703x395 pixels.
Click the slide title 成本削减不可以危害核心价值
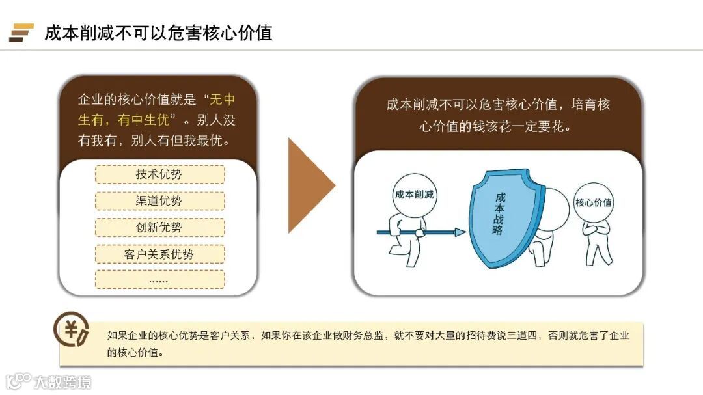pos(158,33)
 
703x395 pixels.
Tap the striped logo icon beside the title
pos(21,33)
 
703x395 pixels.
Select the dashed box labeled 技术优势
pos(159,174)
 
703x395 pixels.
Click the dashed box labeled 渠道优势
pos(159,201)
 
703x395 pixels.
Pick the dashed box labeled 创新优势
pos(159,228)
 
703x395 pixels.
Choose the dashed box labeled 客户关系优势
pos(159,254)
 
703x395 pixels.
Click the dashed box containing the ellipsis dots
pos(159,280)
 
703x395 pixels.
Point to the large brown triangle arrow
pos(310,185)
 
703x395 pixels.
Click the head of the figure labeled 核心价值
pos(593,202)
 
